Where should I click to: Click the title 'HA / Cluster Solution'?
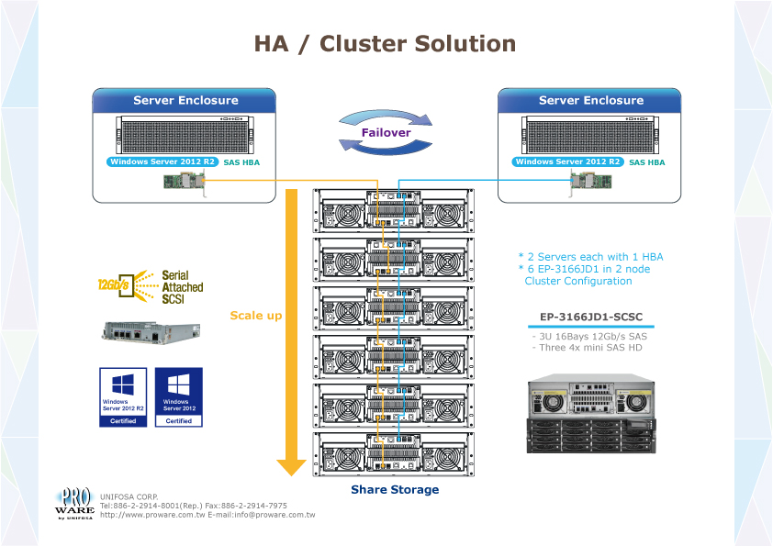pos(385,43)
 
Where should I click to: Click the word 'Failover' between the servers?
pos(386,132)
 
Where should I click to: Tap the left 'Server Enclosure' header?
pos(185,100)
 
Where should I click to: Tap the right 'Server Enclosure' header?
pos(590,100)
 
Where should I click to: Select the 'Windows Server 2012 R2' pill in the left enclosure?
pos(162,162)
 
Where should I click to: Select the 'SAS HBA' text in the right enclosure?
pos(647,162)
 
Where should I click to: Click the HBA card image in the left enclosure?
pos(183,184)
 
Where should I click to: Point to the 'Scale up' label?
pos(255,316)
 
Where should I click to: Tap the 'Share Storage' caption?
pos(395,490)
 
